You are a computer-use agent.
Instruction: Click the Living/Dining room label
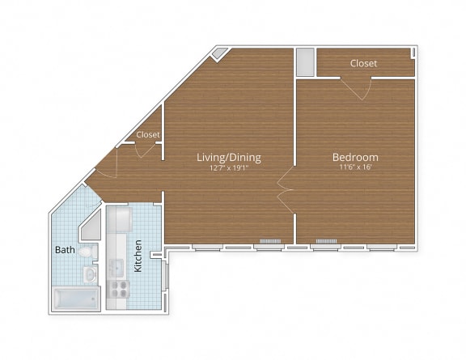click(229, 157)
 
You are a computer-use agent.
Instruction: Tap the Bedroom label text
click(355, 157)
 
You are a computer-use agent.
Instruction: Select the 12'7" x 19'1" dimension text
click(229, 168)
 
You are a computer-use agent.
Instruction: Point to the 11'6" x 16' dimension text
click(355, 168)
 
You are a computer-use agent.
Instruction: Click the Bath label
click(65, 250)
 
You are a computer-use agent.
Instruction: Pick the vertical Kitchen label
click(138, 256)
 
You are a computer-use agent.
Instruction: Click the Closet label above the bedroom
click(363, 63)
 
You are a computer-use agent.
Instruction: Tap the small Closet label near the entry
click(148, 134)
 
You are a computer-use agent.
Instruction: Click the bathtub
click(74, 299)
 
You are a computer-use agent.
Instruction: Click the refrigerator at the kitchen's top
click(119, 219)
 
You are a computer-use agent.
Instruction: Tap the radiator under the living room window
click(269, 242)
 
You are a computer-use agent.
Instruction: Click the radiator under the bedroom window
click(326, 242)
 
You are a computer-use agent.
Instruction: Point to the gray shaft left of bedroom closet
click(304, 62)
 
